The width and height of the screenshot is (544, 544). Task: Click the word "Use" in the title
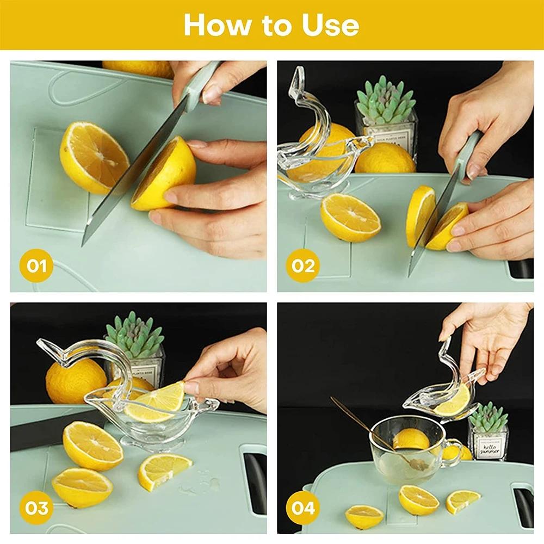coord(331,25)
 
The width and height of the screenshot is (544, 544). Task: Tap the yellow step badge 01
coord(36,266)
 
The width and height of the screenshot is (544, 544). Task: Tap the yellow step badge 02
coord(303,266)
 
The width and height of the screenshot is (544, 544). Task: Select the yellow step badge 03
coord(36,508)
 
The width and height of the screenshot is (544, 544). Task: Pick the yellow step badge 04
coord(303,508)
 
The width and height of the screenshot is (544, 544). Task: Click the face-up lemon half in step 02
coord(350,217)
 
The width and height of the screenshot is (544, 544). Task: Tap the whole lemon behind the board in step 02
coord(385,159)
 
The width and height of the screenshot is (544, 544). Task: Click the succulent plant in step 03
coord(134,334)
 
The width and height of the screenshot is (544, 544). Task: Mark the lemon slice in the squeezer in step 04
coord(452,401)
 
